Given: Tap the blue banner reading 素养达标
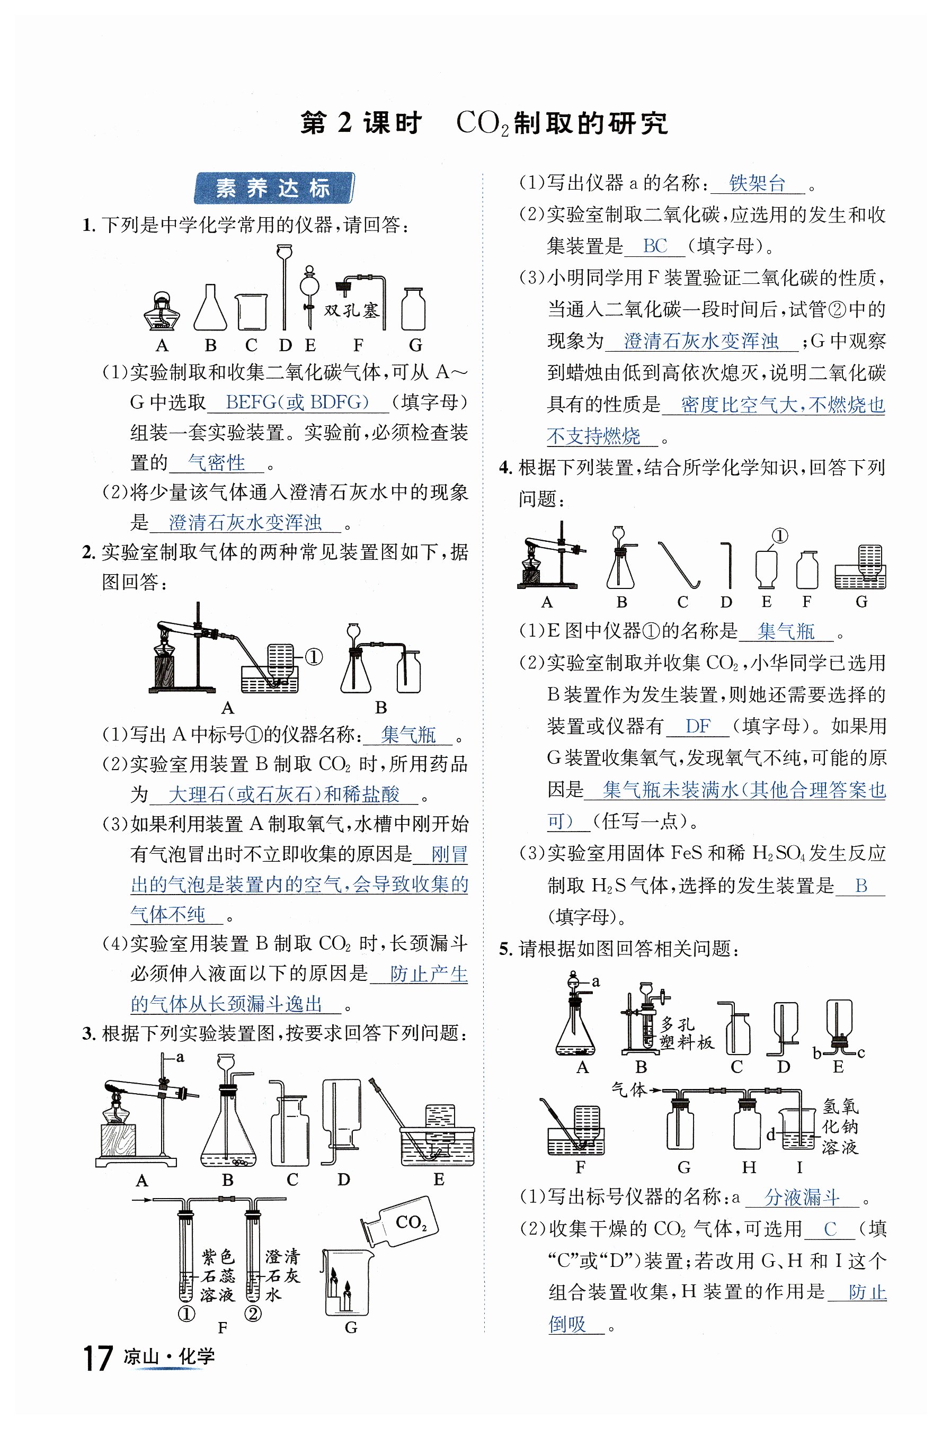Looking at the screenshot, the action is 273,189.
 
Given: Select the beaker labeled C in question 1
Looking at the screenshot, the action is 251,312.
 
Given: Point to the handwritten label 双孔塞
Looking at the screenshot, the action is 352,310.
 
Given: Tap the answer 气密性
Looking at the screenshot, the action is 216,462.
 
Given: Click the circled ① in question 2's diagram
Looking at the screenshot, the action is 314,657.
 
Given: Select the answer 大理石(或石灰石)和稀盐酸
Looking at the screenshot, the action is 283,794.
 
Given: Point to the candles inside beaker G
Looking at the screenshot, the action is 340,1290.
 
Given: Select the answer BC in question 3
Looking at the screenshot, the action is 654,246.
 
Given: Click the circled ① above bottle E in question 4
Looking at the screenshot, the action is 779,535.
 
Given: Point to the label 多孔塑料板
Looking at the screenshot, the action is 686,1033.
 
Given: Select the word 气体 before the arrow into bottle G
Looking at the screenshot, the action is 628,1089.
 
